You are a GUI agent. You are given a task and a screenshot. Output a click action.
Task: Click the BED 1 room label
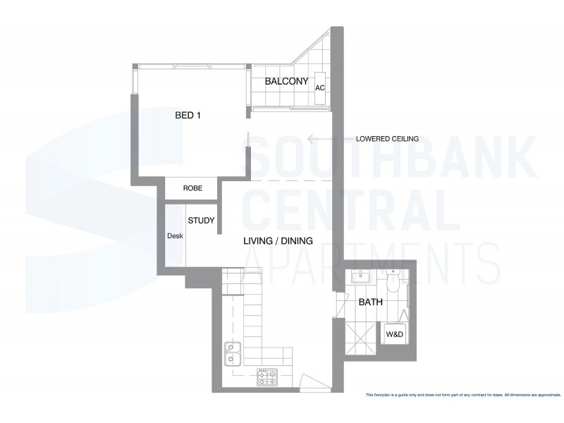(188, 116)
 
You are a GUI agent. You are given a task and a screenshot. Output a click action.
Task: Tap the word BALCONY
(286, 82)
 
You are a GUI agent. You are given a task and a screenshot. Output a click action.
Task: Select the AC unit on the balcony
(320, 88)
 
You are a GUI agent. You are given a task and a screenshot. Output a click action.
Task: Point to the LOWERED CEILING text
(388, 139)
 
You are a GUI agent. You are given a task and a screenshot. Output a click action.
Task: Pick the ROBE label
(192, 189)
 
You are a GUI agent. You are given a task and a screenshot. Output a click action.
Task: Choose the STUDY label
(201, 221)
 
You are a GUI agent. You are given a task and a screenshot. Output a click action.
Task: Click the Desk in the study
(175, 236)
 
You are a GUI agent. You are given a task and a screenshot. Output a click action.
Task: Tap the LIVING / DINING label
(278, 242)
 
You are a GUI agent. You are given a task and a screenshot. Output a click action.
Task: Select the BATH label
(370, 303)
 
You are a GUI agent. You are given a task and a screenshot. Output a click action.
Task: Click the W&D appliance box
(393, 333)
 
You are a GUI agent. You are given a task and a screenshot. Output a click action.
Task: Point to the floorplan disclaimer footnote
(462, 394)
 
